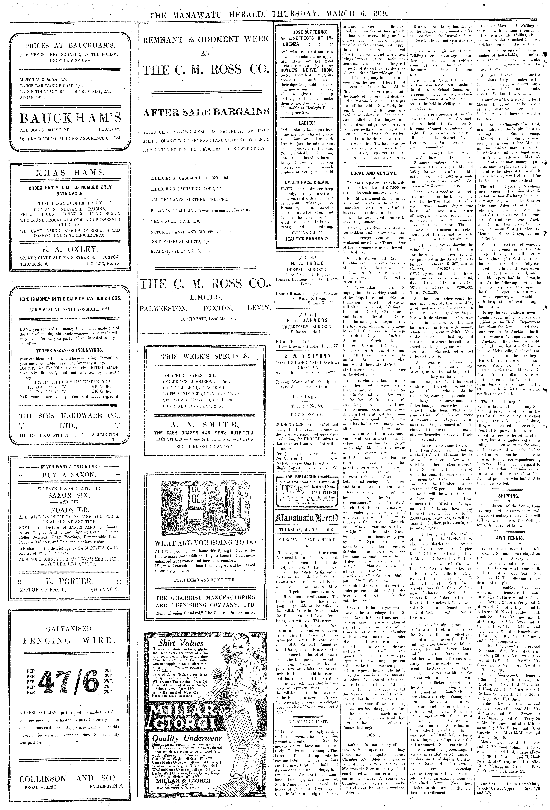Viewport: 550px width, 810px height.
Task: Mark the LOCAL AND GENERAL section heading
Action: click(x=374, y=173)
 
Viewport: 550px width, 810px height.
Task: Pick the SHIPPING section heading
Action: click(x=511, y=496)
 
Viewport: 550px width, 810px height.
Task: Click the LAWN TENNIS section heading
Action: click(x=511, y=538)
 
